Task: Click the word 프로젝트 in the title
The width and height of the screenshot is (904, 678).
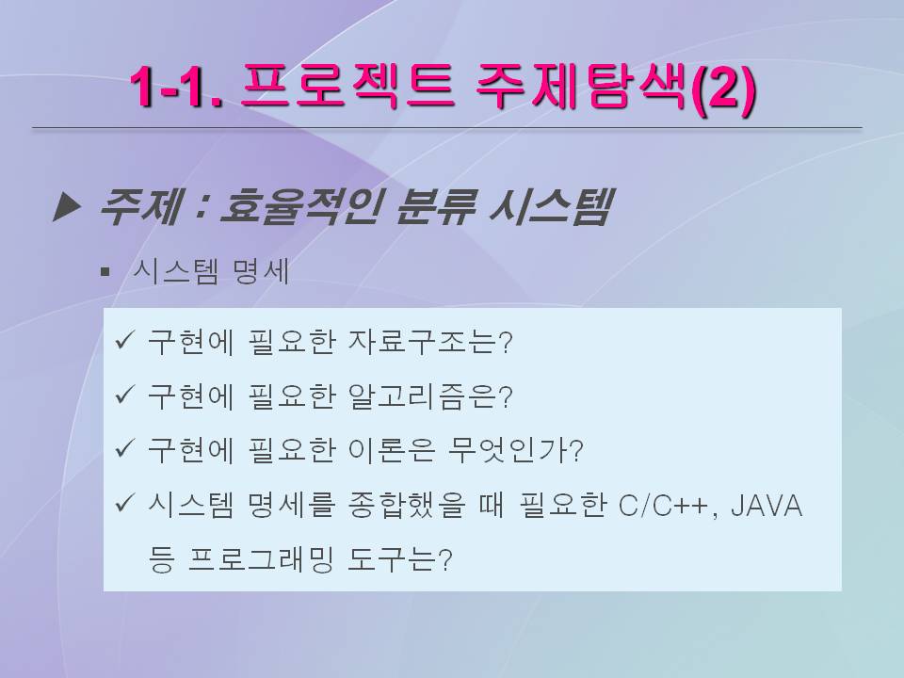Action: (x=347, y=87)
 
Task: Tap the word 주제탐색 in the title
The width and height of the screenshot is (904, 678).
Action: (x=581, y=87)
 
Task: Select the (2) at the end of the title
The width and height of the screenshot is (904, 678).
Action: (x=722, y=89)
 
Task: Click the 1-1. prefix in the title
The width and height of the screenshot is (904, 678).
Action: (x=176, y=88)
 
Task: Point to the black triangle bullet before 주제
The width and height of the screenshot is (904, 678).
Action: (x=66, y=207)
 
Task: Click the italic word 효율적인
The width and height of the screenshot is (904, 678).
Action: (x=299, y=206)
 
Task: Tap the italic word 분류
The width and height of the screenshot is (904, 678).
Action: (x=435, y=206)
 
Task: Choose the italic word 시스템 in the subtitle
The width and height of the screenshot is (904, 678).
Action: (x=549, y=206)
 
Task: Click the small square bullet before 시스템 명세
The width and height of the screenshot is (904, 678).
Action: (x=105, y=271)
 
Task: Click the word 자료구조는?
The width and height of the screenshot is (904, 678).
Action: (x=430, y=341)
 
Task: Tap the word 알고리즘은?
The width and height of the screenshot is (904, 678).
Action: (x=430, y=396)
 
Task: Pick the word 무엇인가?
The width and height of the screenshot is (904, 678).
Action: (x=515, y=450)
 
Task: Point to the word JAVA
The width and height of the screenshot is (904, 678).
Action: (x=767, y=506)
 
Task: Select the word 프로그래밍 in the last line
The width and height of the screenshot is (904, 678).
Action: (x=261, y=559)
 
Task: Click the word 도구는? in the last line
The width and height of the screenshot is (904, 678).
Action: (x=400, y=559)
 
